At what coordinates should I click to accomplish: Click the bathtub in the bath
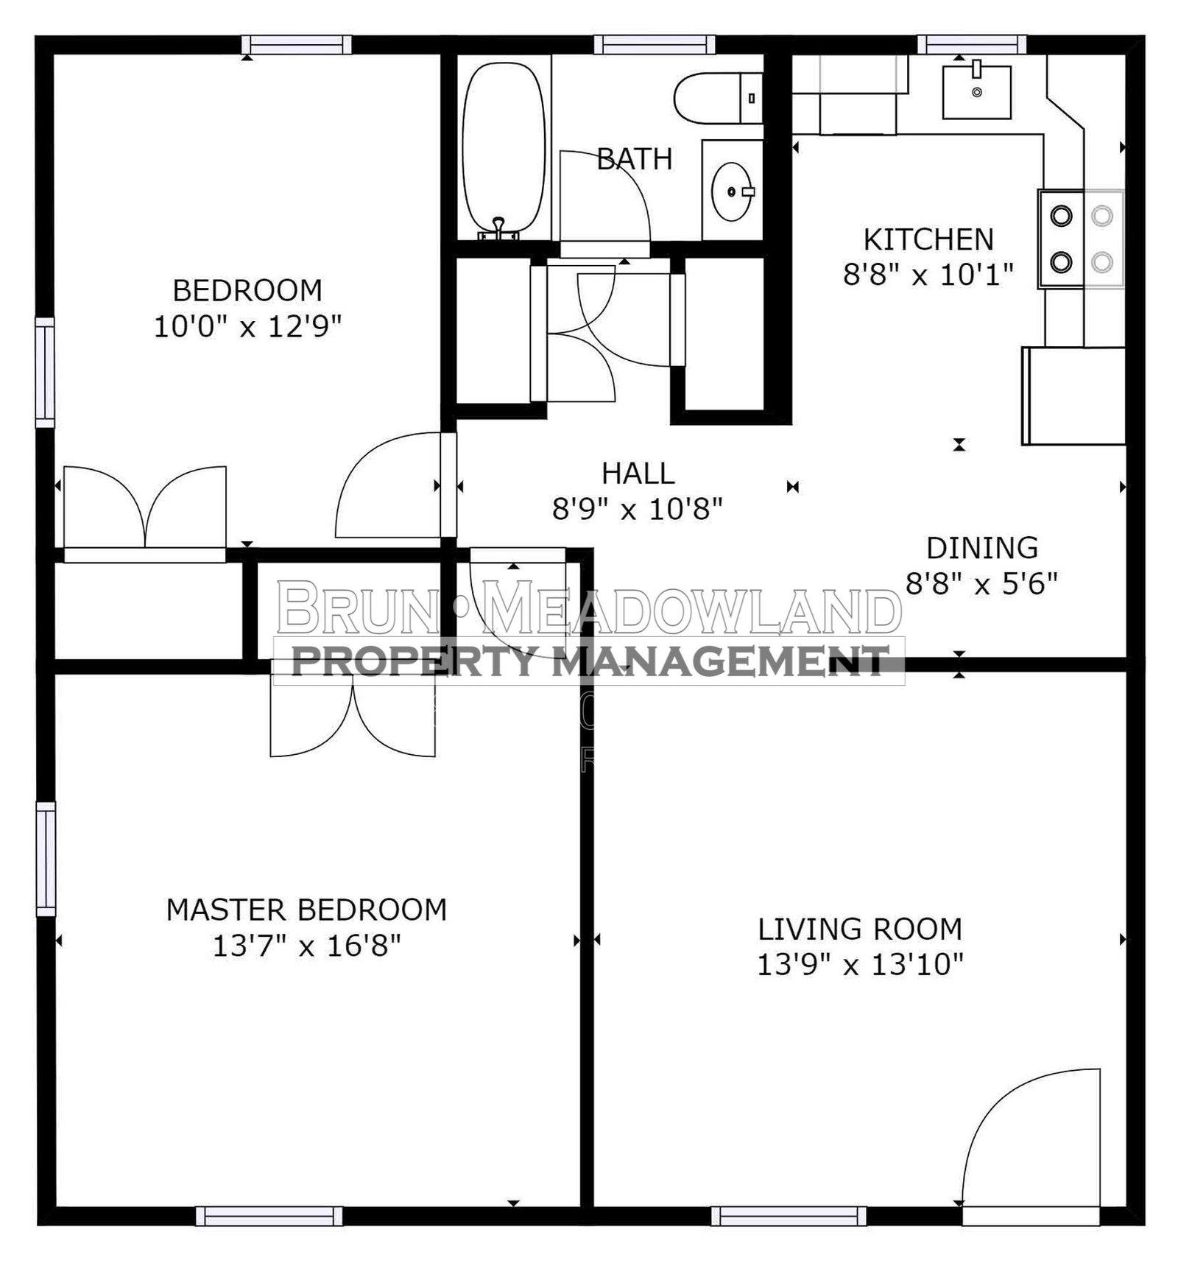pyautogui.click(x=504, y=150)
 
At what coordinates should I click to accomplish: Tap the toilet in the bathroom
pyautogui.click(x=718, y=98)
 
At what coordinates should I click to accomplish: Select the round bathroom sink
pyautogui.click(x=732, y=191)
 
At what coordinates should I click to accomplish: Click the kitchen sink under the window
pyautogui.click(x=977, y=91)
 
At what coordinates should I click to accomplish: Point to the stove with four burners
pyautogui.click(x=1081, y=239)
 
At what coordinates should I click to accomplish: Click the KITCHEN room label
pyautogui.click(x=928, y=239)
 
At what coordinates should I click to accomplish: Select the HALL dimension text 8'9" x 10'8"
pyautogui.click(x=638, y=508)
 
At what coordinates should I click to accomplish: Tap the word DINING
pyautogui.click(x=982, y=548)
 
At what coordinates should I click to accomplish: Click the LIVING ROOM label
pyautogui.click(x=860, y=929)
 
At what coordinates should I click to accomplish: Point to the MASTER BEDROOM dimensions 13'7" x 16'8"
pyautogui.click(x=306, y=945)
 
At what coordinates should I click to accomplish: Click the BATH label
pyautogui.click(x=634, y=159)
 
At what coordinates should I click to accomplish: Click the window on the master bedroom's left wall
pyautogui.click(x=46, y=859)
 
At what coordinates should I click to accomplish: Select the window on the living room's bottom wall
pyautogui.click(x=789, y=1216)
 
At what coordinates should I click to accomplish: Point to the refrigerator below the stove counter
pyautogui.click(x=1073, y=395)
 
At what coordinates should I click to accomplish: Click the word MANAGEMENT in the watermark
pyautogui.click(x=721, y=661)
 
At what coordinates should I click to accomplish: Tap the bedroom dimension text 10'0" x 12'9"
pyautogui.click(x=248, y=326)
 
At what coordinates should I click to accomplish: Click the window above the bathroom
pyautogui.click(x=655, y=45)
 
